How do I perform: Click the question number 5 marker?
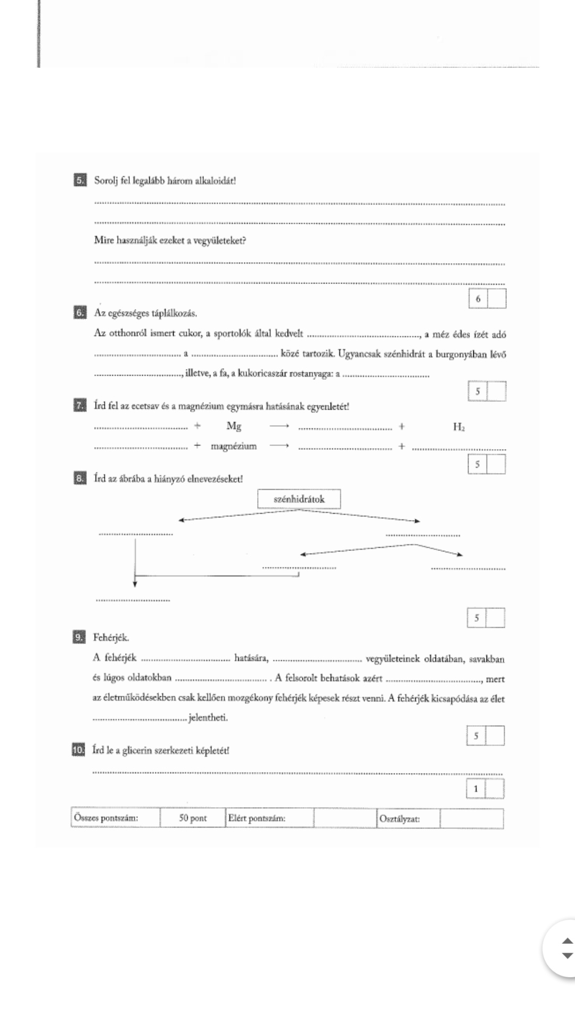[80, 180]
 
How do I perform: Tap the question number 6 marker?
[80, 313]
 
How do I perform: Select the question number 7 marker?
[80, 406]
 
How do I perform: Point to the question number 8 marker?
[80, 478]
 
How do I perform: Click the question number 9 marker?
[79, 637]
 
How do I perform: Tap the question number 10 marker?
[78, 750]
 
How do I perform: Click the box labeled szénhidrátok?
[299, 499]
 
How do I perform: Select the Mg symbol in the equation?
[234, 426]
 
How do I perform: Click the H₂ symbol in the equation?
[458, 427]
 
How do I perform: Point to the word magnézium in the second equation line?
[234, 446]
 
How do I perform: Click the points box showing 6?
[478, 299]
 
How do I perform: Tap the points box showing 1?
[476, 789]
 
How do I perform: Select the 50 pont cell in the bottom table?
[193, 818]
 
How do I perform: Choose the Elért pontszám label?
[257, 818]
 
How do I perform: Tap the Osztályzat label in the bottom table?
[399, 818]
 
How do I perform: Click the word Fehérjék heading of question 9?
[111, 637]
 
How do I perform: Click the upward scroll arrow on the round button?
[568, 941]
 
